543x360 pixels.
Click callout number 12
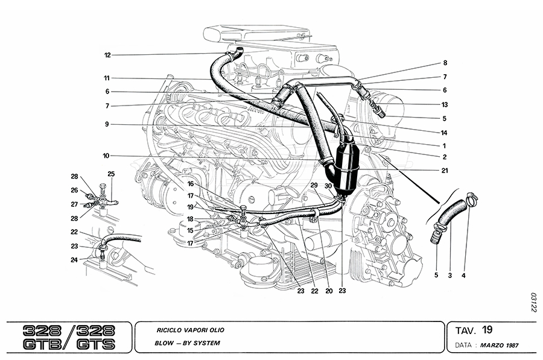coord(107,55)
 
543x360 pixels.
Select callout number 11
coord(106,78)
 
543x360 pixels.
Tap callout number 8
coord(445,63)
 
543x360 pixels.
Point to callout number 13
coord(445,104)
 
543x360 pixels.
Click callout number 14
coord(445,132)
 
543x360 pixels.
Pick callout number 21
coord(445,171)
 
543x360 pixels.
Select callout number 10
coord(106,156)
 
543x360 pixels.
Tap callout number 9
coord(106,125)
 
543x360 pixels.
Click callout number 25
coord(110,174)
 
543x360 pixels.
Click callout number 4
coord(463,276)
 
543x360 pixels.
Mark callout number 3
coord(449,276)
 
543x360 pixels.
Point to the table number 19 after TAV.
coord(487,329)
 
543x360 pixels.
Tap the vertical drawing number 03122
coord(533,303)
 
